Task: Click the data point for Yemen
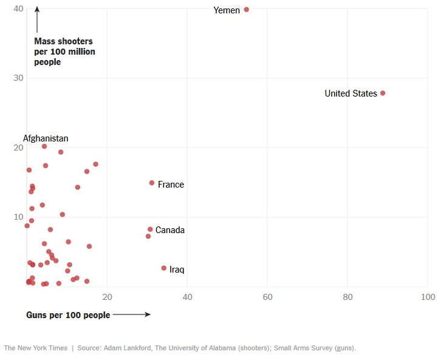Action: (x=247, y=10)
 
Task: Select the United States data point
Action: (x=383, y=93)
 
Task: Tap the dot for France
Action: (x=152, y=183)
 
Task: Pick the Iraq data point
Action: (x=163, y=268)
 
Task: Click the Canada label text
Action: (x=170, y=230)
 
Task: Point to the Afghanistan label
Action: (x=46, y=138)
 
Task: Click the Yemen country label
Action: (x=227, y=10)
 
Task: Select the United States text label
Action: (x=350, y=93)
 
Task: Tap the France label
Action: (x=171, y=185)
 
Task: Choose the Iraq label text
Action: (x=177, y=269)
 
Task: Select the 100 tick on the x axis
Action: (x=428, y=297)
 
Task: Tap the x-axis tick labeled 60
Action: (x=267, y=297)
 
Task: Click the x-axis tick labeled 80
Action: (x=347, y=297)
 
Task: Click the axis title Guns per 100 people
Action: (x=68, y=315)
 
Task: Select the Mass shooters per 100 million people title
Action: (x=64, y=52)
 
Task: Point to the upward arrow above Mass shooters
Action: (x=37, y=19)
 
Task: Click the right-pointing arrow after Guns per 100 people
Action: (x=131, y=314)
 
